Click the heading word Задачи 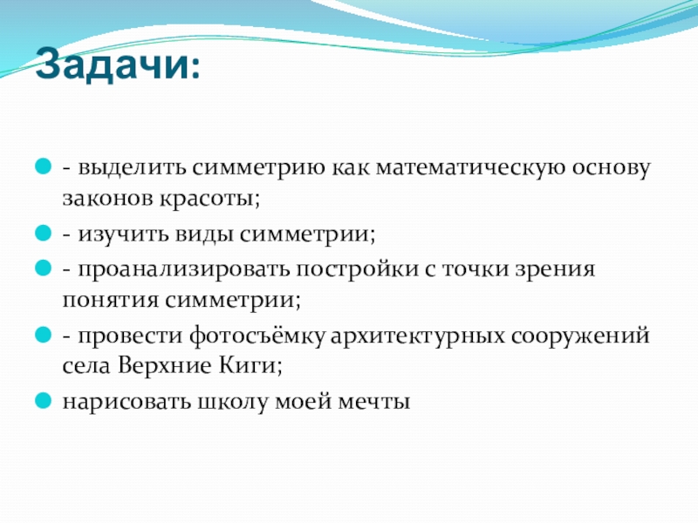coord(113,64)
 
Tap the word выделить coord(132,167)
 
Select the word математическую coord(471,167)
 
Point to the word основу coord(612,169)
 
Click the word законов coord(107,199)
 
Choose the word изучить coord(123,234)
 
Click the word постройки coord(358,269)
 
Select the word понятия coord(111,300)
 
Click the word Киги coord(249,365)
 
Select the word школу coord(233,402)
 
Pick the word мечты coord(374,402)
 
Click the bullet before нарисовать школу coord(43,400)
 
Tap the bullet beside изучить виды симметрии coord(43,233)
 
